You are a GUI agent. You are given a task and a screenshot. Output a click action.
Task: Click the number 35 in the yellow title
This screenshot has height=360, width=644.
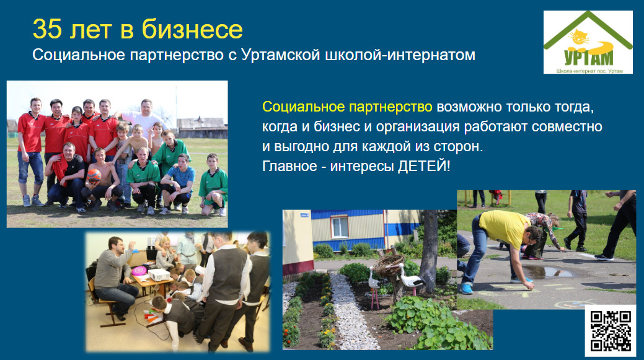point(47,29)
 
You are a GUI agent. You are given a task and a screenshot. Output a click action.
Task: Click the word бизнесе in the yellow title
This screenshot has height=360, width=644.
point(192,29)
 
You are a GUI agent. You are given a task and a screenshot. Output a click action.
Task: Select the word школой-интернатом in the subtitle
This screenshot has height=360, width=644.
point(400,55)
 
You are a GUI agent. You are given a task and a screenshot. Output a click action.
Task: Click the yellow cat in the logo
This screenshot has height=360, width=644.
point(580,39)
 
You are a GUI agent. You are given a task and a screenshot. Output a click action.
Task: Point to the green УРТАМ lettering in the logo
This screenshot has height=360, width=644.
point(589,58)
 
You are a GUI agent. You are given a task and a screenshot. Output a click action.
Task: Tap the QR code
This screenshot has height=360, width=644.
point(611,331)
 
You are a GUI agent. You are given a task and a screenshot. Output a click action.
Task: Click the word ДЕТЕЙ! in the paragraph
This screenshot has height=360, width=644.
point(424,166)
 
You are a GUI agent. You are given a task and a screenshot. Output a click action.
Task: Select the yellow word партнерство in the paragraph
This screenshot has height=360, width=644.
point(390,107)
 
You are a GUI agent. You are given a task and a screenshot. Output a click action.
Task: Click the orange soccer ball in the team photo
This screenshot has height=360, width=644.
point(94,176)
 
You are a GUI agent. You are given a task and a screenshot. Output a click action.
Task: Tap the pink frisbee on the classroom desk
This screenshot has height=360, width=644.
point(139,271)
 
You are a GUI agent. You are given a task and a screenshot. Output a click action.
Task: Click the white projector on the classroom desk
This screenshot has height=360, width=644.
point(159,274)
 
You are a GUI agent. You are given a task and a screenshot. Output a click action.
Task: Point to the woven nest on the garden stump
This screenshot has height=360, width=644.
point(389,266)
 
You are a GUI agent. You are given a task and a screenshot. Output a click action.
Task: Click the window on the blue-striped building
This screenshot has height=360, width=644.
point(340,227)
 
